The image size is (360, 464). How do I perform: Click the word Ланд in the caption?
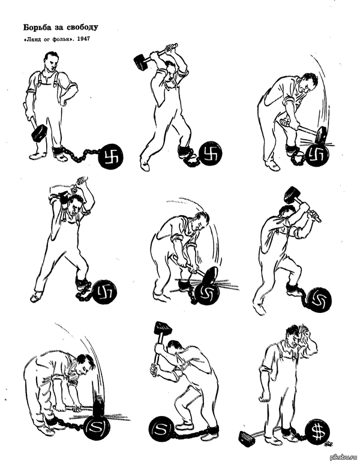click(32, 39)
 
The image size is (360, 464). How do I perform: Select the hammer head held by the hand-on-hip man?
click(40, 133)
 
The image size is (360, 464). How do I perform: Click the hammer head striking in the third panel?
click(321, 135)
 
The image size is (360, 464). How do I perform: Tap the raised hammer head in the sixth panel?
click(293, 195)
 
